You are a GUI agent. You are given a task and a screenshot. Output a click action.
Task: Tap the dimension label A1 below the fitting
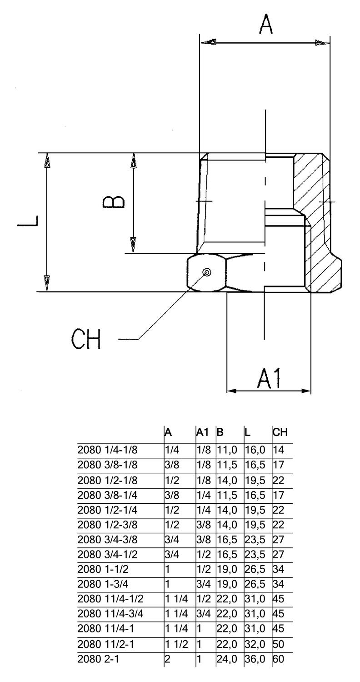(270, 378)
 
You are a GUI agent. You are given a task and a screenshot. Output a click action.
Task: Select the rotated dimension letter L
(28, 222)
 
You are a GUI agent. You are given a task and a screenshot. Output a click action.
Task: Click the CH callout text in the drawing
(86, 339)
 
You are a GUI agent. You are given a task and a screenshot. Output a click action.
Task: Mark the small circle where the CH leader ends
(207, 272)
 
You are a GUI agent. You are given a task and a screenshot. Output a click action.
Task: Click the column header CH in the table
(280, 432)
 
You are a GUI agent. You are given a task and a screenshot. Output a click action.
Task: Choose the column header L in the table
(247, 432)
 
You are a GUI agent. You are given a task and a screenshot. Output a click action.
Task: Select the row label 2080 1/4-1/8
(107, 450)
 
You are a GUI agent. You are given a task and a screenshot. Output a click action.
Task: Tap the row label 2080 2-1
(98, 658)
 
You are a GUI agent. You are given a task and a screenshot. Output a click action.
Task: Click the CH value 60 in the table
(278, 658)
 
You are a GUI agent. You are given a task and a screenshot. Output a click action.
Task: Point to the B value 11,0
(227, 450)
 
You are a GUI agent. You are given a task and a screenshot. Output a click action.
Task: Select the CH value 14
(278, 450)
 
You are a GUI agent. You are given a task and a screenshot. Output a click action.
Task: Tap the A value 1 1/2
(176, 644)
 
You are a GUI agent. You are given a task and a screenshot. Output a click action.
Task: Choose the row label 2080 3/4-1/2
(107, 555)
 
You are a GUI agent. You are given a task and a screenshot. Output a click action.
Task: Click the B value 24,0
(227, 658)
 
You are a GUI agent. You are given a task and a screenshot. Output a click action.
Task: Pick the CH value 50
(278, 644)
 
